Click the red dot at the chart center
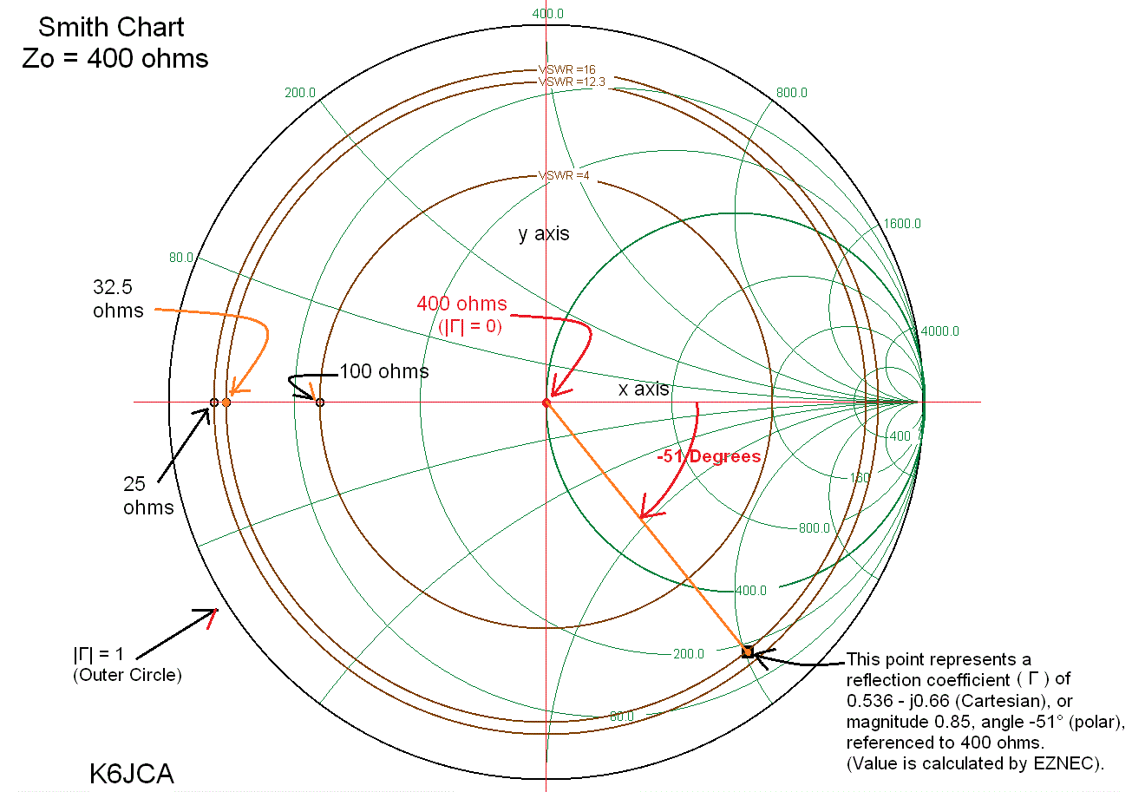click(x=546, y=403)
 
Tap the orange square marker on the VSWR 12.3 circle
click(x=747, y=651)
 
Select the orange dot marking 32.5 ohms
click(x=226, y=403)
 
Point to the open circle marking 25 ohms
click(x=213, y=403)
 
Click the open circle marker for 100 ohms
click(x=320, y=403)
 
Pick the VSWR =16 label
click(x=567, y=69)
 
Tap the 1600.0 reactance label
click(x=902, y=224)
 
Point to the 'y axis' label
click(x=544, y=234)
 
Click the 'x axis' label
click(x=644, y=389)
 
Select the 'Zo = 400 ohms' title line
click(x=115, y=59)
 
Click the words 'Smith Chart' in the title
click(x=111, y=27)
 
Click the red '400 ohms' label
click(x=461, y=304)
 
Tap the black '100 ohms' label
click(x=383, y=372)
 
